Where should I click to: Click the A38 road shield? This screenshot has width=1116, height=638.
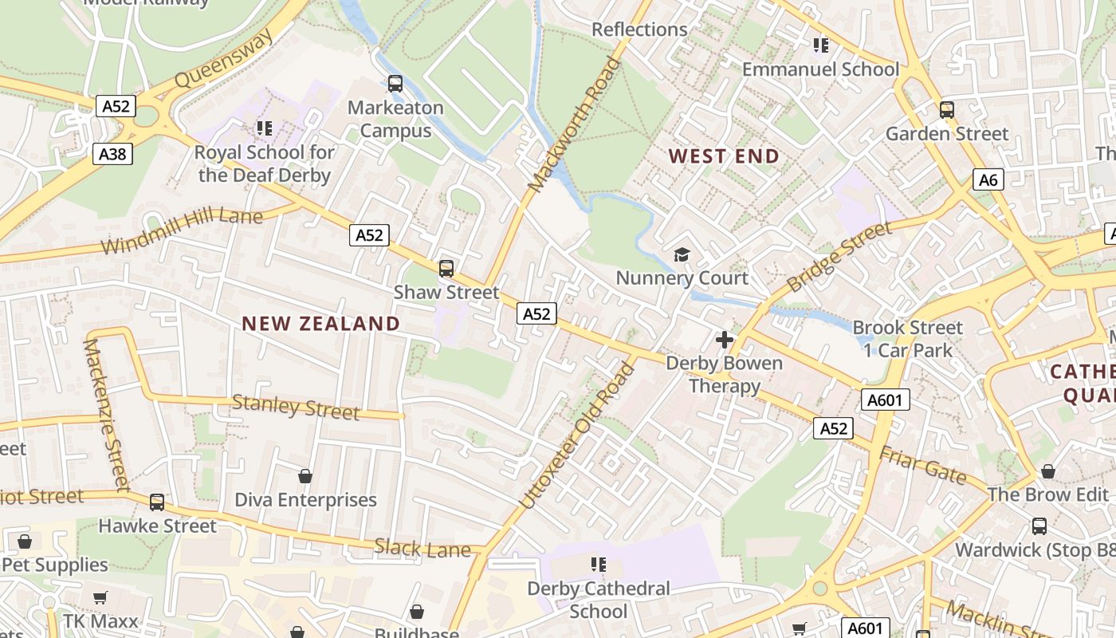(x=112, y=154)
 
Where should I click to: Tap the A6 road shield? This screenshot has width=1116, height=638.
(x=988, y=180)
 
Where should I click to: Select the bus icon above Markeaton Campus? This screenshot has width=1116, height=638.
(x=395, y=83)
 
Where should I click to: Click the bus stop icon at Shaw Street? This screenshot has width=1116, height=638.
(x=446, y=269)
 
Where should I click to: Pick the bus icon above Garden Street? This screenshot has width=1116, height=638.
(x=947, y=110)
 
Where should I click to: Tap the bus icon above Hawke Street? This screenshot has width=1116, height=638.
(x=157, y=502)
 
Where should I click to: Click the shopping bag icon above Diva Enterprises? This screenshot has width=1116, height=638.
(x=305, y=476)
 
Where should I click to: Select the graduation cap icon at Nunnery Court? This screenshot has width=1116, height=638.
(x=682, y=255)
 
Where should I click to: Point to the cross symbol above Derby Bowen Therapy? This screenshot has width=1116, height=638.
(x=724, y=341)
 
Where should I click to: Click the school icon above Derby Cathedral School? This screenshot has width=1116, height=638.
(x=599, y=565)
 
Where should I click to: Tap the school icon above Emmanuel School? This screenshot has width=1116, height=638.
(x=820, y=45)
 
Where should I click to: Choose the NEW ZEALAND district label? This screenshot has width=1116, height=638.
(x=320, y=324)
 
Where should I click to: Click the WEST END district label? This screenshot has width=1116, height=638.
(x=724, y=156)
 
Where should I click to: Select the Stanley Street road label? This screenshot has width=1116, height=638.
(x=295, y=408)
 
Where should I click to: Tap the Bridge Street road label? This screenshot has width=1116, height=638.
(x=839, y=257)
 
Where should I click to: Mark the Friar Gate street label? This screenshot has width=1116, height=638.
(x=922, y=466)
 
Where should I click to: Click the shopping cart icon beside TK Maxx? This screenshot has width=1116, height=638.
(x=100, y=597)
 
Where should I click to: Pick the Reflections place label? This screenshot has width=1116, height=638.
(x=639, y=30)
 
